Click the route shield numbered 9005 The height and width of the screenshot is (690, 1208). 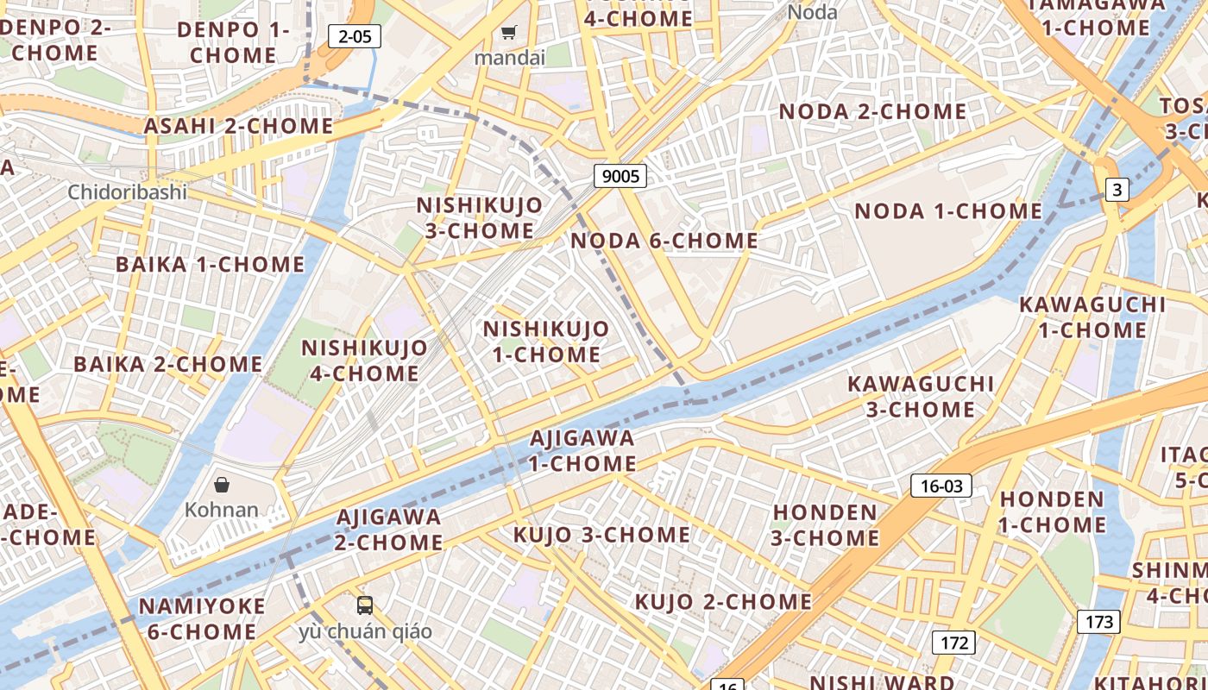click(x=620, y=176)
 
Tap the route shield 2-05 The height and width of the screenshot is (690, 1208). click(x=355, y=36)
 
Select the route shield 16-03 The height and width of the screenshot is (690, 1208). click(x=941, y=486)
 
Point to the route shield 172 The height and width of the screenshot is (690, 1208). click(x=953, y=642)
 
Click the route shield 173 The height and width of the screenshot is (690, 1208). click(x=1098, y=621)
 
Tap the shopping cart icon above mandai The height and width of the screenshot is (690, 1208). click(x=509, y=33)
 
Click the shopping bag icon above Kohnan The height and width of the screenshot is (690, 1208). click(x=222, y=484)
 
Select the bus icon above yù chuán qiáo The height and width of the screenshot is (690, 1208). click(x=365, y=605)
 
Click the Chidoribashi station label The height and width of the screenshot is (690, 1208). click(x=128, y=191)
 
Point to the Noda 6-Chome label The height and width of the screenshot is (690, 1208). click(x=664, y=241)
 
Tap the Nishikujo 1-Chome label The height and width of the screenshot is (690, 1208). click(x=545, y=342)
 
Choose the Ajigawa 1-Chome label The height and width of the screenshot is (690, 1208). click(x=582, y=450)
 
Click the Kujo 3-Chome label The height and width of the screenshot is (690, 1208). click(x=601, y=535)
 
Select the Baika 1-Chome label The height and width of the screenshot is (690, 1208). click(x=210, y=264)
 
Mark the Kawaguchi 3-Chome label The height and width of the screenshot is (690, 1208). click(x=921, y=396)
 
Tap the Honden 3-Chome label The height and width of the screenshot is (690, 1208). click(x=826, y=524)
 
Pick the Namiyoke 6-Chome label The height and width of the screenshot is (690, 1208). click(x=202, y=618)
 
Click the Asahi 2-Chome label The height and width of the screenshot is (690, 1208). click(x=238, y=126)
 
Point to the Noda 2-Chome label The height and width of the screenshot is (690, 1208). click(x=872, y=111)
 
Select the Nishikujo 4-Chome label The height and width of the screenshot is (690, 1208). click(x=364, y=361)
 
